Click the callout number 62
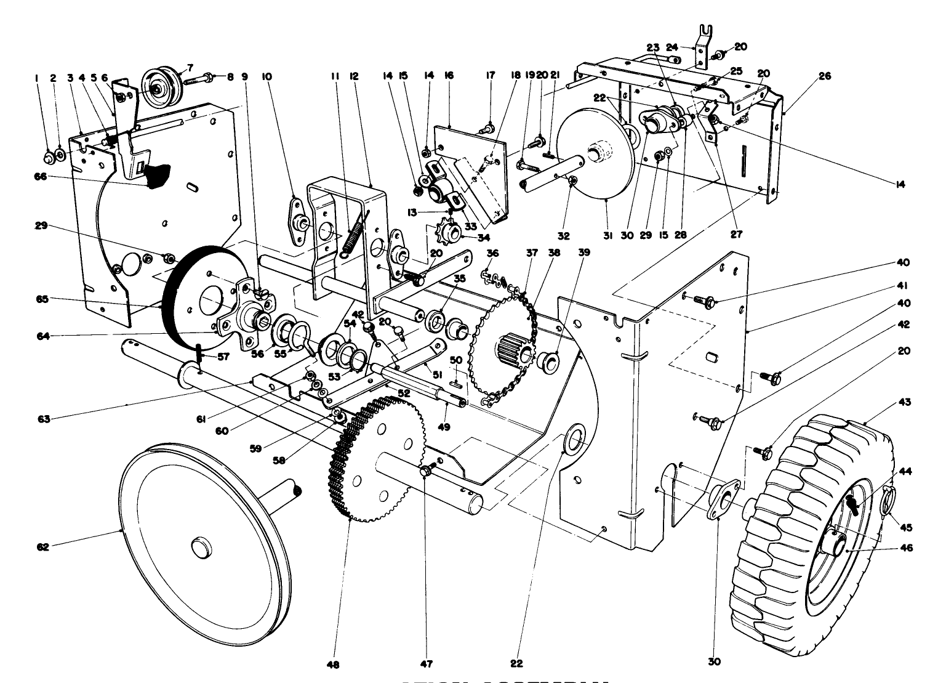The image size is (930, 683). tap(42, 546)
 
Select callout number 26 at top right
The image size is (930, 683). tap(825, 76)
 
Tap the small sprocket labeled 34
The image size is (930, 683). tap(449, 233)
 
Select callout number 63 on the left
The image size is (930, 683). tap(42, 419)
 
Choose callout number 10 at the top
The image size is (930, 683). tap(267, 77)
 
